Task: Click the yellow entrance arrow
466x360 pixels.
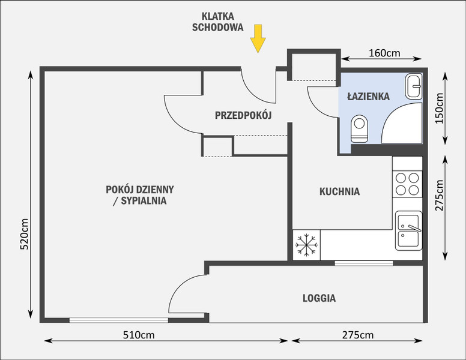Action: point(258,38)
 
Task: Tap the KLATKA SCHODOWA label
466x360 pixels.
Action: point(217,22)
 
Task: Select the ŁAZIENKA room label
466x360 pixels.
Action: point(369,96)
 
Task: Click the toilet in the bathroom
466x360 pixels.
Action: point(359,128)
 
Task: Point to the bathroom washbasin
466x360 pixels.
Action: point(413,86)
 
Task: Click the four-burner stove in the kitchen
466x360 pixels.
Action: point(407,184)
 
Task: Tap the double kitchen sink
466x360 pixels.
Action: point(408,231)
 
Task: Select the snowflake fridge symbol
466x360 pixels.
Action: point(306,245)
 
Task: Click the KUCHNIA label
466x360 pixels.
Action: point(339,191)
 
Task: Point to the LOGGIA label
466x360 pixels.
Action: point(319,298)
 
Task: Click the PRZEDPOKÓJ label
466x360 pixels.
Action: point(243,115)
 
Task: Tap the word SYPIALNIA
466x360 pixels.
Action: point(144,201)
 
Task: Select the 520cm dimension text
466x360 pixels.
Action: point(24,234)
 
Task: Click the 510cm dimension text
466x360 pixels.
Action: point(139,335)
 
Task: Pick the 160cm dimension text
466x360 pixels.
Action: point(384,53)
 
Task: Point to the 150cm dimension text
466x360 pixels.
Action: point(439,109)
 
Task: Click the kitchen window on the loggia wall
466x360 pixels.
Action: point(364,263)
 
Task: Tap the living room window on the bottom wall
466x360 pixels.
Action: point(118,320)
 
